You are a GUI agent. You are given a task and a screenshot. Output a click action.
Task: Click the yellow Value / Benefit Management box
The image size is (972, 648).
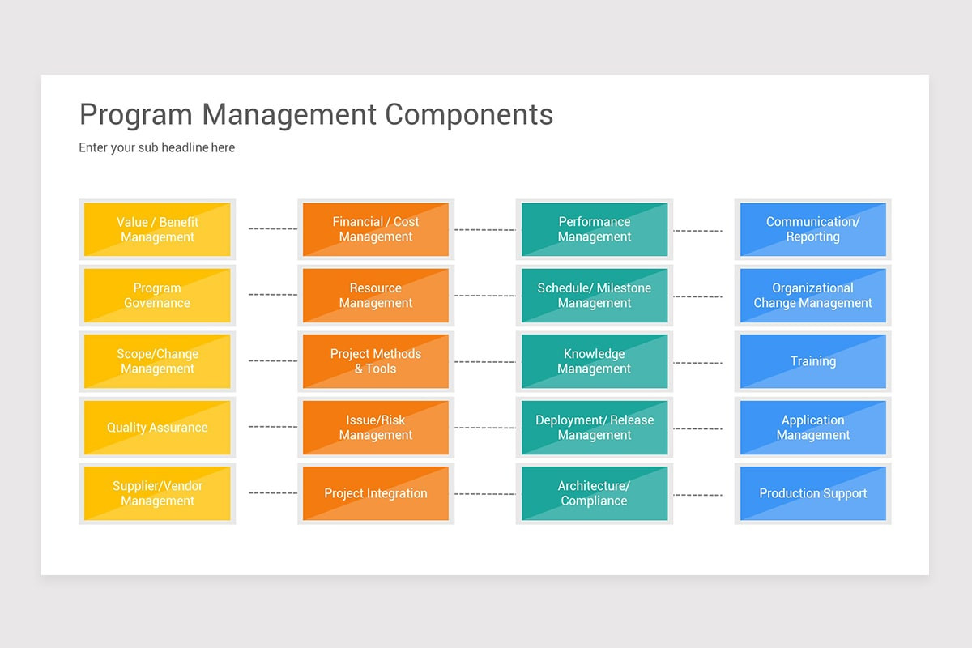pos(157,229)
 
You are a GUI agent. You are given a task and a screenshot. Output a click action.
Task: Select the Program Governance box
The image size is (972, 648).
pos(157,296)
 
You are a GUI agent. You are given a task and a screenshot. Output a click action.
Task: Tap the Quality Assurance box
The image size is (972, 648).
pos(157,428)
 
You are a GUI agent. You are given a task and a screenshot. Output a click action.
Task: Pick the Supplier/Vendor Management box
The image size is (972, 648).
pos(157,493)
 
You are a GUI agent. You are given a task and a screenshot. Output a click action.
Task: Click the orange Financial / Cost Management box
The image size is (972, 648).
pos(376,229)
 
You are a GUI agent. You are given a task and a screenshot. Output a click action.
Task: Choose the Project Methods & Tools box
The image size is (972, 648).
pos(376,361)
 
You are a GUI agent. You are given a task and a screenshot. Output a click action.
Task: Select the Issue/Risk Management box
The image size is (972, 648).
pos(376,428)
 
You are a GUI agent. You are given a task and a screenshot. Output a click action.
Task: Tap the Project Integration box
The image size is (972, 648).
pos(376,493)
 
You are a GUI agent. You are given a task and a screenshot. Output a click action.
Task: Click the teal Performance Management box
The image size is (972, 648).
pos(595,229)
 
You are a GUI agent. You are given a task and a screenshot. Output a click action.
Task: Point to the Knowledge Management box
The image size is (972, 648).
pos(595,361)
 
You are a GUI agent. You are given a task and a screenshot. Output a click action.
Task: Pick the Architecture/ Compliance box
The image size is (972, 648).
pos(595,493)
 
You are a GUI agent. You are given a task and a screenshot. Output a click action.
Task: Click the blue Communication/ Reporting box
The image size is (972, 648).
pos(813,229)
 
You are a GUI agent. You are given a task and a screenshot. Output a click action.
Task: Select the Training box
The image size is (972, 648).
pos(813,361)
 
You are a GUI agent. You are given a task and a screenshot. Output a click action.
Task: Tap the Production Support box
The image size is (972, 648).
pos(813,493)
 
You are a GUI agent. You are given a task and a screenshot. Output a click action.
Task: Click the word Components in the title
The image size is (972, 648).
pos(469,115)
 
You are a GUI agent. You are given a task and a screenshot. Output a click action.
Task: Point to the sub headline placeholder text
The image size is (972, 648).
pos(157,147)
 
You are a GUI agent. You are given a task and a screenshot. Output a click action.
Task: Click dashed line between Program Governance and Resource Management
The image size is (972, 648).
pos(272,295)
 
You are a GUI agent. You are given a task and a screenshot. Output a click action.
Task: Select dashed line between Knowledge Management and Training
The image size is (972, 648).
pos(697,362)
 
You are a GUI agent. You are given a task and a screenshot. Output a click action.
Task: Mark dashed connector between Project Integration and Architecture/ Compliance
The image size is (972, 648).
pos(484,493)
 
